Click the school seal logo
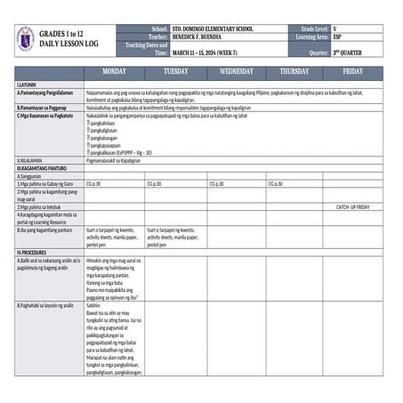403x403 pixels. pyautogui.click(x=25, y=39)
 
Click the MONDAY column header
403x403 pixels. pyautogui.click(x=115, y=70)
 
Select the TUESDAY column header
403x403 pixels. pyautogui.click(x=175, y=70)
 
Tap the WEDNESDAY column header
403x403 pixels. pyautogui.click(x=236, y=70)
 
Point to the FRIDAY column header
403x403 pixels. pyautogui.click(x=353, y=70)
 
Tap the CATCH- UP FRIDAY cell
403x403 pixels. pyautogui.click(x=353, y=206)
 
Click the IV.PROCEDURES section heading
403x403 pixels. pyautogui.click(x=32, y=252)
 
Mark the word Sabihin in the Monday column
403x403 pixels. pyautogui.click(x=94, y=304)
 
